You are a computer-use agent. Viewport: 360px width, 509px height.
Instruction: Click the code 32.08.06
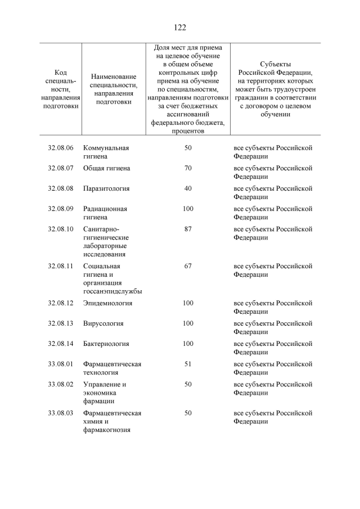(61, 148)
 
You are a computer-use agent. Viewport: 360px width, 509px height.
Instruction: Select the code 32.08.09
(61, 209)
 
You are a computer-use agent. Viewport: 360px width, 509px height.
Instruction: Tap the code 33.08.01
(61, 364)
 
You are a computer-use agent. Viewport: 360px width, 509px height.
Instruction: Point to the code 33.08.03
(61, 413)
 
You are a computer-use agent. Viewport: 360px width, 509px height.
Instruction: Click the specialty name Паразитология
(106, 188)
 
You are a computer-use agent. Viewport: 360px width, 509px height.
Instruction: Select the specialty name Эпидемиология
(107, 303)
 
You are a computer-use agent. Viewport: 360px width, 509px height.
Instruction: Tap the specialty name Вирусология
(103, 323)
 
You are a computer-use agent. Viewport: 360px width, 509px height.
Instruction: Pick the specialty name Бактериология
(106, 344)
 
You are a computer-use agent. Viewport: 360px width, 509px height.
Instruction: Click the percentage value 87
(188, 229)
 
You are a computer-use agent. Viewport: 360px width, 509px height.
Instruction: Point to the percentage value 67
(188, 266)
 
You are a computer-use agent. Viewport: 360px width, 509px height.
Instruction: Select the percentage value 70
(188, 168)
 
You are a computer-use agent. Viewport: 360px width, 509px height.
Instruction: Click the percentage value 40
(188, 188)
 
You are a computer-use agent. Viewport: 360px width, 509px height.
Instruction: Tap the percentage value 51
(188, 364)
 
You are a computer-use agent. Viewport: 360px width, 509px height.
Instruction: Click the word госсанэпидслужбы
(112, 291)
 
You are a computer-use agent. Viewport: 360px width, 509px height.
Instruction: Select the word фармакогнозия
(107, 430)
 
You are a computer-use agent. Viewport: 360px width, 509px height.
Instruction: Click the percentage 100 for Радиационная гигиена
(188, 209)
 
